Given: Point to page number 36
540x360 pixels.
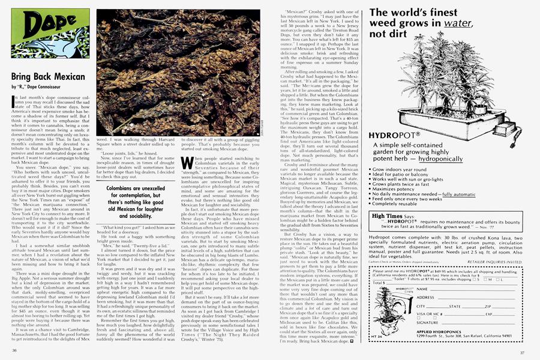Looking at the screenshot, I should pyautogui.click(x=13, y=350).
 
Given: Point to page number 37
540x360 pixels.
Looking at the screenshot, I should pyautogui.click(x=523, y=352).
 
